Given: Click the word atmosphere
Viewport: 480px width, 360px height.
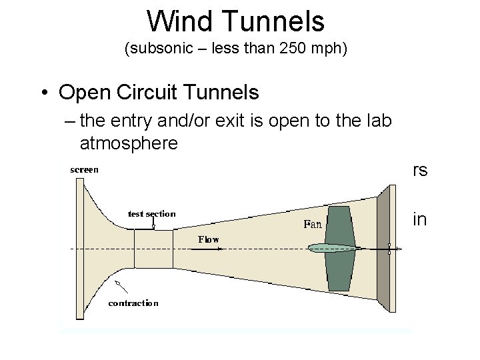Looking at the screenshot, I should coord(129,143).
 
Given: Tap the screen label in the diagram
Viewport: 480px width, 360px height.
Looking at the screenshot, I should coord(84,169).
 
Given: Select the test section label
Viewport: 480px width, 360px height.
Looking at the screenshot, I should coord(151,214).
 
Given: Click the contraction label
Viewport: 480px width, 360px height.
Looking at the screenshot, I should coord(133,303).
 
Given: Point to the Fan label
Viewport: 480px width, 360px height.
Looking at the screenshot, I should coord(313,225).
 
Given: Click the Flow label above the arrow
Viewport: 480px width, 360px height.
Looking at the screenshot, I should coord(208,239).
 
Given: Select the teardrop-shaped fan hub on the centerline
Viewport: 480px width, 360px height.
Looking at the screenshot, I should coord(333,249).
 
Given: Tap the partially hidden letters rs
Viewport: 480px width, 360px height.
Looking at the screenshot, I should coord(420,171).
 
